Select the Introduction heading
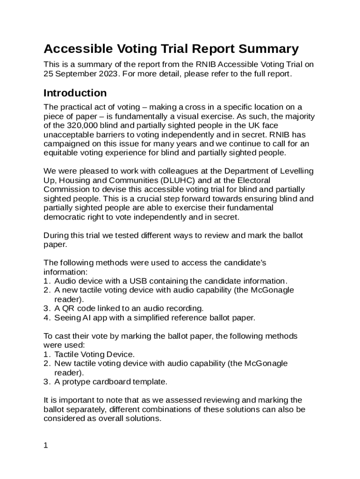(75, 93)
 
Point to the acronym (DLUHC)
(175, 180)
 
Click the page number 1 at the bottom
(46, 445)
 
